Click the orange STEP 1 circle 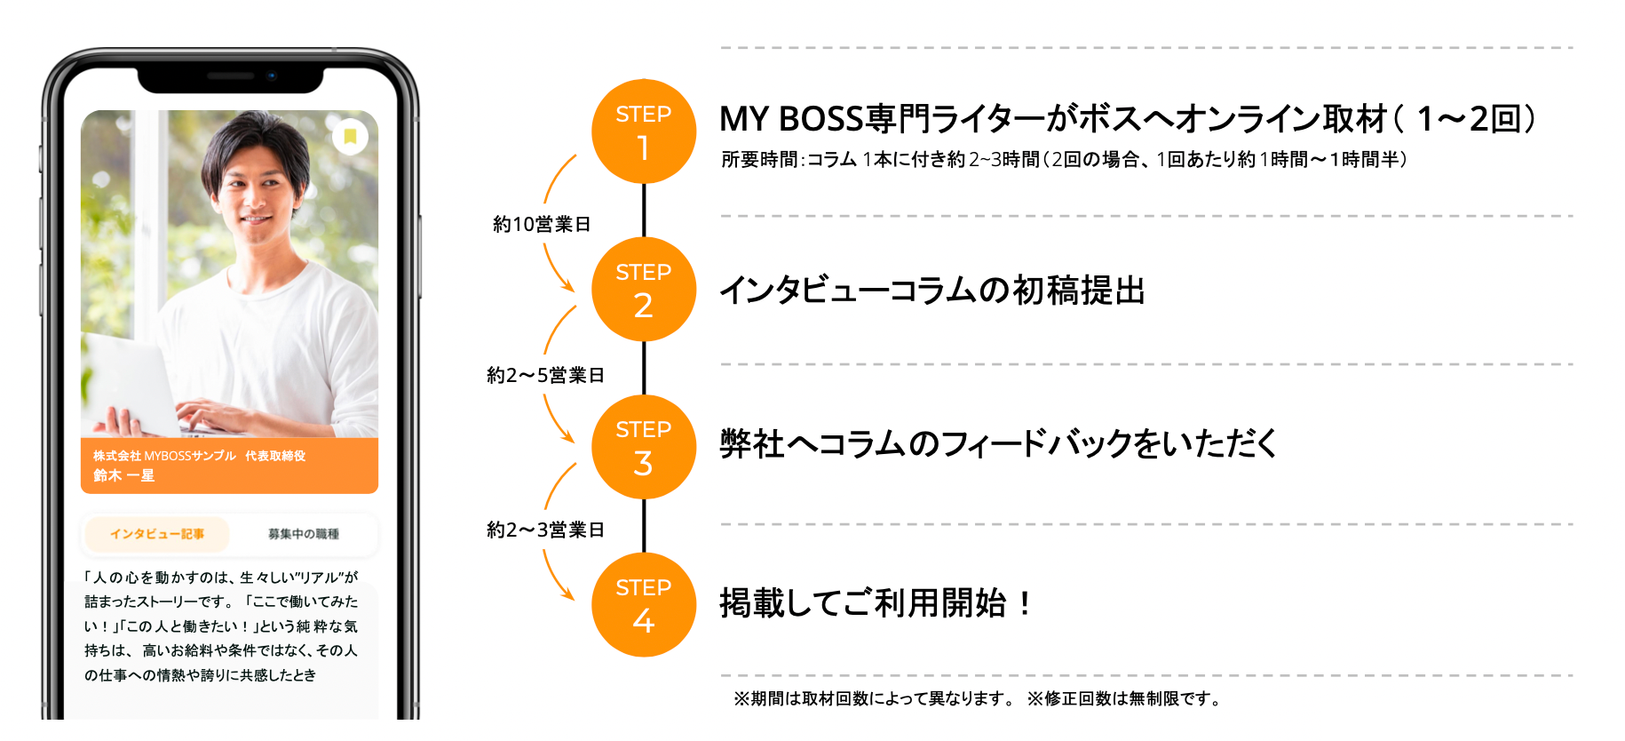pos(644,131)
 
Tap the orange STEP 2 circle pos(644,290)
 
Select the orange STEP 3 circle pos(644,447)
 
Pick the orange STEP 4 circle pos(644,605)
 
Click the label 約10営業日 pos(542,225)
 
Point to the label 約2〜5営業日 pos(545,376)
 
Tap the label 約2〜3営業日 pos(545,530)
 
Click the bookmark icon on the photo pos(350,136)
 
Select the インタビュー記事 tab pos(157,534)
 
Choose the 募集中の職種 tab pos(304,534)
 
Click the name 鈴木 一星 pos(124,475)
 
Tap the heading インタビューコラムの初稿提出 pos(932,291)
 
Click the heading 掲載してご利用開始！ pos(876,603)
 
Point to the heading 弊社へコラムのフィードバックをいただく pos(998,443)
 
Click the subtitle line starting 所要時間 pos(1064,160)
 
